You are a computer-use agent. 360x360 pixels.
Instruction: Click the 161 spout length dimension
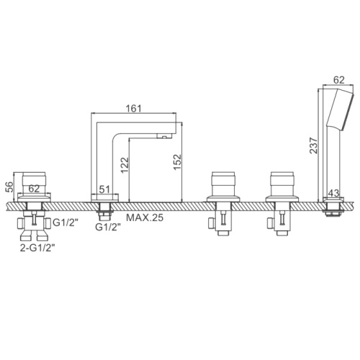tap(134, 108)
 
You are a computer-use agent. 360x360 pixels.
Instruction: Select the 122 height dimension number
tap(125, 165)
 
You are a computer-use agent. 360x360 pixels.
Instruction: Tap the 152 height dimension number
tap(177, 162)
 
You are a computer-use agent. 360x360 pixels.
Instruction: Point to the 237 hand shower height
tap(313, 145)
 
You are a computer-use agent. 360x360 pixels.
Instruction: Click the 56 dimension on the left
tap(9, 187)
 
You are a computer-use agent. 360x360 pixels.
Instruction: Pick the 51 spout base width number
tap(104, 189)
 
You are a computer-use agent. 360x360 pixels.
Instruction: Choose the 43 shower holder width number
tap(333, 193)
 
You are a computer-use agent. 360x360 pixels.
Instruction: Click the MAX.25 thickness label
tap(145, 217)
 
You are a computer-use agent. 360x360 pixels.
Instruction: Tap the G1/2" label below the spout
tap(107, 227)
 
